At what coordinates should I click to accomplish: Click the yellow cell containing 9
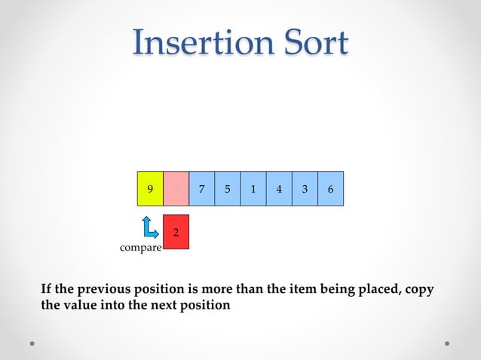pos(150,189)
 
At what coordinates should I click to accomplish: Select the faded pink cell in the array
pos(176,189)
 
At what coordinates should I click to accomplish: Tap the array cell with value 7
pos(201,189)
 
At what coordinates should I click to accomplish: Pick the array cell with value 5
pos(227,189)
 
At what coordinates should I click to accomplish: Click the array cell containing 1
pos(253,189)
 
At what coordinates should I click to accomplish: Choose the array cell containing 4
pos(279,189)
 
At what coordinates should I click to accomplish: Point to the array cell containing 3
pos(305,189)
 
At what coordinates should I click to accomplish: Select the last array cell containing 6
pos(330,189)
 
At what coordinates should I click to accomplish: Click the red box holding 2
pos(176,231)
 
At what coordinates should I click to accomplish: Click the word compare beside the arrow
pos(141,248)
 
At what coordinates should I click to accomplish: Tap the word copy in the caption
pos(419,290)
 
